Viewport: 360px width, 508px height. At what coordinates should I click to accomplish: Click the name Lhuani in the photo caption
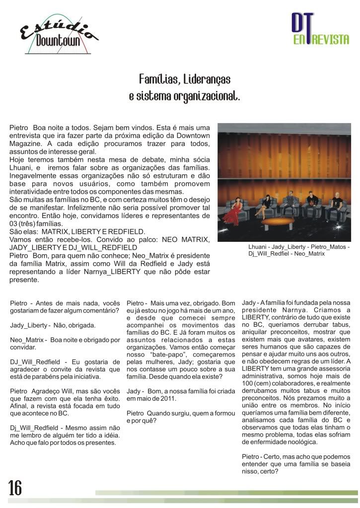[259, 247]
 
